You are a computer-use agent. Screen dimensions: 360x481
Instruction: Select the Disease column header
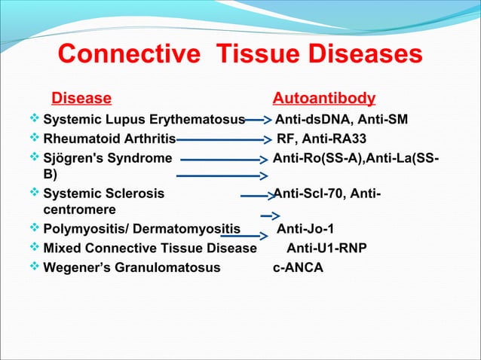81,99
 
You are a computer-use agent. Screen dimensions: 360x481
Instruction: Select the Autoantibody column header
323,99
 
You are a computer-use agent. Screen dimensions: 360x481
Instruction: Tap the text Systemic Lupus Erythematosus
144,120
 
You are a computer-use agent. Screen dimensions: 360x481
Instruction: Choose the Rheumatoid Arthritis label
109,139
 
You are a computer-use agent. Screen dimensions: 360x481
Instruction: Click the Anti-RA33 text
335,139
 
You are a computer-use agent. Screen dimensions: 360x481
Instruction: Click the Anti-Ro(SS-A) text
317,158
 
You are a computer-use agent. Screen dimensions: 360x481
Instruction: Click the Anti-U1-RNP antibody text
327,249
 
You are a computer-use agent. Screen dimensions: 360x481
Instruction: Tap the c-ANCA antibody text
298,267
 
